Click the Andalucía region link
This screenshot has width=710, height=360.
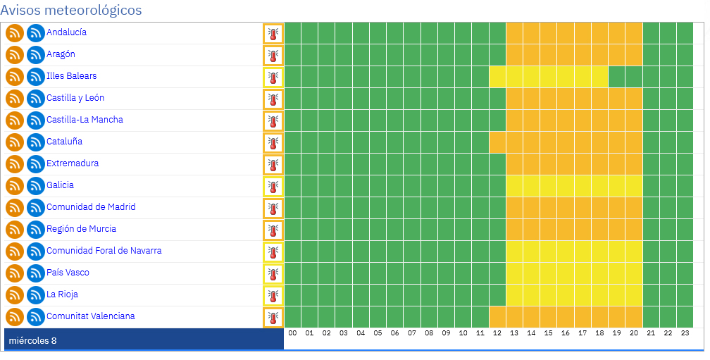66,32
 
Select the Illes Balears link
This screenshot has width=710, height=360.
72,75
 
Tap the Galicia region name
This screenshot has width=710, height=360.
61,185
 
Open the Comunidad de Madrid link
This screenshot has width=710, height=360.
91,207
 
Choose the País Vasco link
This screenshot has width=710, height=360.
68,272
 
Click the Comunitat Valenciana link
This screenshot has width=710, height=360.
91,316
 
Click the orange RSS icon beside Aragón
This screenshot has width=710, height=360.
15,55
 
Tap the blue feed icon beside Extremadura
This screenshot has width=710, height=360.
36,164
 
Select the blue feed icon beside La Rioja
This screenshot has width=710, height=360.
36,294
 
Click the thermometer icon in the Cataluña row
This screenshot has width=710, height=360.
273,142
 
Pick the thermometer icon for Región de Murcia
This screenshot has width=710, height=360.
273,230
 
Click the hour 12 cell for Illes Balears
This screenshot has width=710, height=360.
497,77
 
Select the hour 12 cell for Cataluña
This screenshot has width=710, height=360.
497,142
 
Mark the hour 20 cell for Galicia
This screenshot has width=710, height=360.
634,186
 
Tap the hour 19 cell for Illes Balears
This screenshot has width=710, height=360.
617,77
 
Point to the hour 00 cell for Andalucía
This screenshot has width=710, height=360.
292,33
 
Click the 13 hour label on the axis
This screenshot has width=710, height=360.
514,333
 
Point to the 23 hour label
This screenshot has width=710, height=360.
685,333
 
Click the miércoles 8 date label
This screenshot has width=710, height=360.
32,340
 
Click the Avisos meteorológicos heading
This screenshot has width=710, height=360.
71,10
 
